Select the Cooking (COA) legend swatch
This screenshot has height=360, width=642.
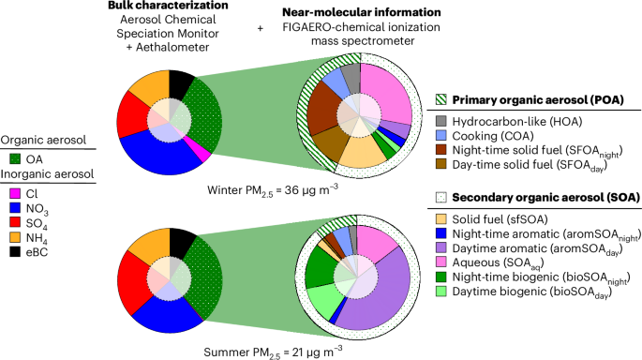tap(444, 138)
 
